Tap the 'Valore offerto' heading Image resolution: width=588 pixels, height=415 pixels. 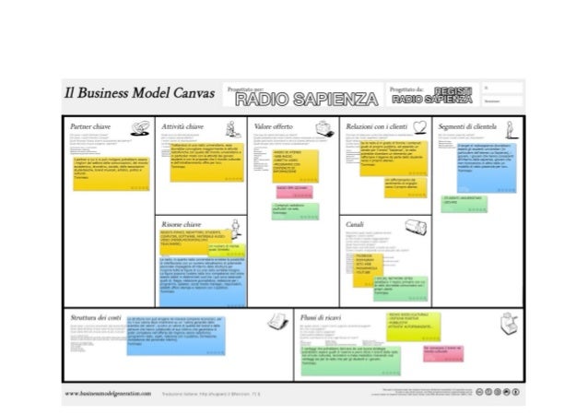(x=274, y=125)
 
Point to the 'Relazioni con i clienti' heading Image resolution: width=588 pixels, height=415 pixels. (x=375, y=125)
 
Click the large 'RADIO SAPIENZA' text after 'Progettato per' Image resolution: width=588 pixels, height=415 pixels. (x=305, y=98)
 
